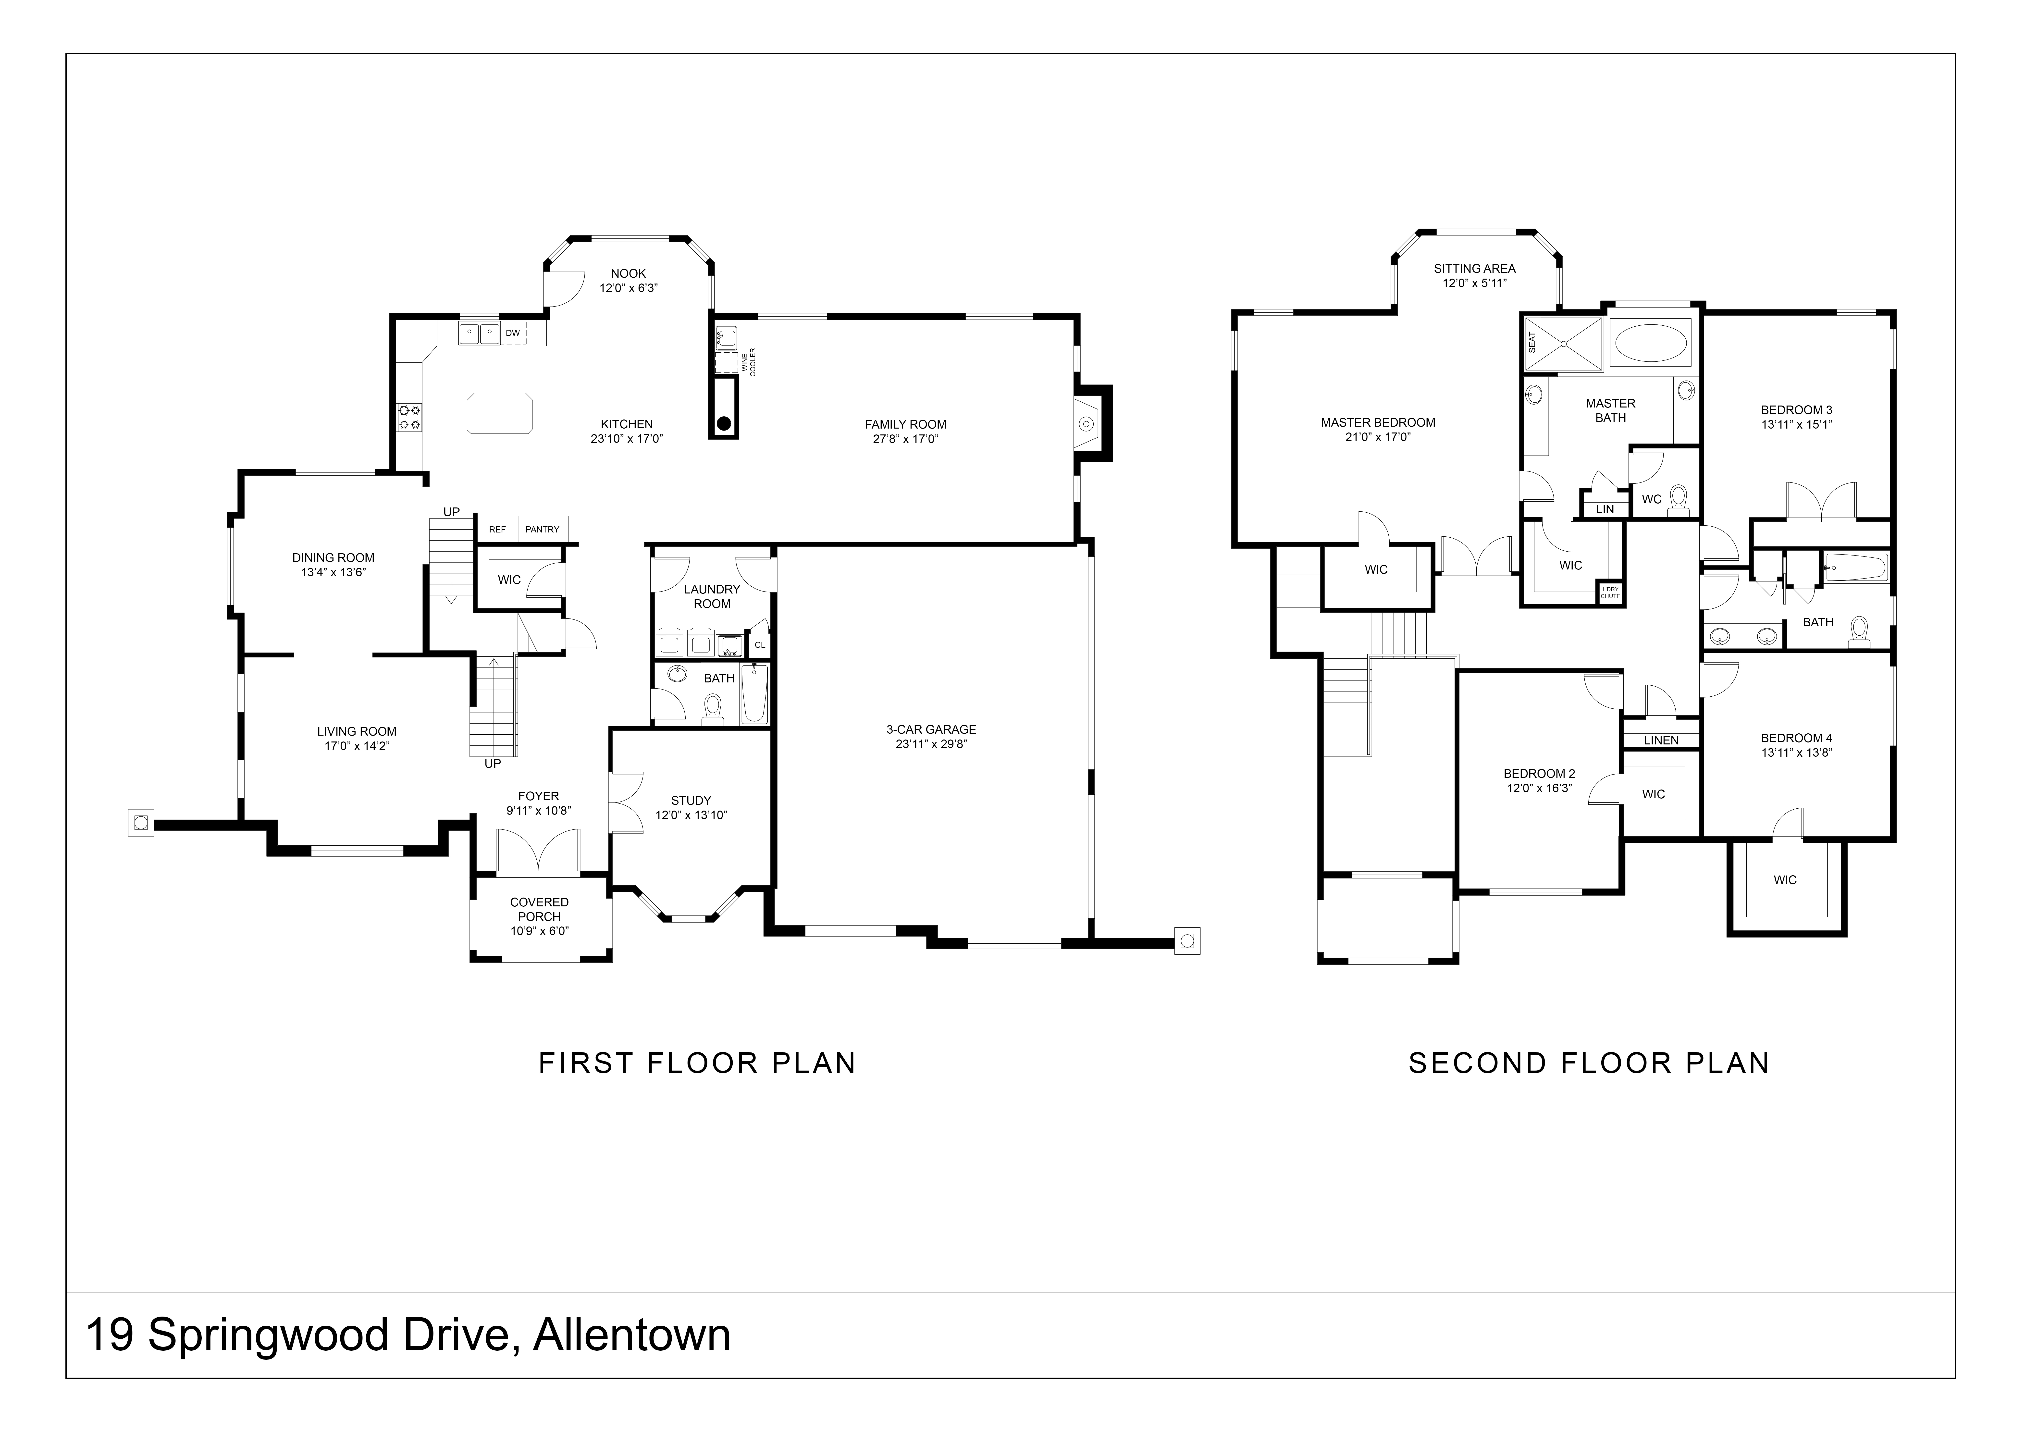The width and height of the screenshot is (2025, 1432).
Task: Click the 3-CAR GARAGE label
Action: [931, 729]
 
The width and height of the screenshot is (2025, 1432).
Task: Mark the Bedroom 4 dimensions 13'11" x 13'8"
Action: [1797, 752]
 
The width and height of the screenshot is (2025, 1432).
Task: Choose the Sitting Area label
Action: [1475, 268]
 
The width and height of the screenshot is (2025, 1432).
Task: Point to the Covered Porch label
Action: [539, 909]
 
